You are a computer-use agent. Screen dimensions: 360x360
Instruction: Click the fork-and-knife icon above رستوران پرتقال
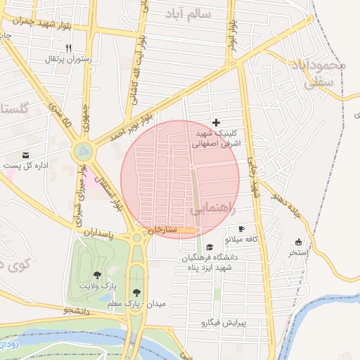click(68, 48)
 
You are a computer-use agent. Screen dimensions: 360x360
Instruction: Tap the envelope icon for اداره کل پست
click(26, 155)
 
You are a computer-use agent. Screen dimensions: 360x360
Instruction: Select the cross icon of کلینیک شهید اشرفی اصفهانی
click(216, 122)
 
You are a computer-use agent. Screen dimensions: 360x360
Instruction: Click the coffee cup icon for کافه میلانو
click(241, 229)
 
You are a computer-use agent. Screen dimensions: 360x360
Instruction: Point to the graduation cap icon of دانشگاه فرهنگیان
click(210, 247)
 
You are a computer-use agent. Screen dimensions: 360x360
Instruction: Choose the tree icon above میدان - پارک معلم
click(136, 292)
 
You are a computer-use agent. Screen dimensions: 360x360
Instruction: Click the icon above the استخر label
click(298, 241)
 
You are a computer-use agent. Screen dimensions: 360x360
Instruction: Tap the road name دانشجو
click(78, 309)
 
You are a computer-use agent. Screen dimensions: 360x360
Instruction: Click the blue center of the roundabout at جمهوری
click(84, 150)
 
